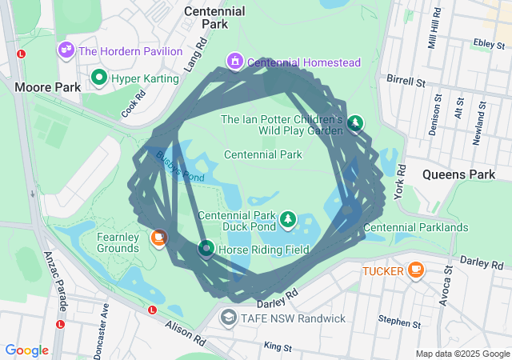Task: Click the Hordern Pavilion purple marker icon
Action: [x=66, y=50]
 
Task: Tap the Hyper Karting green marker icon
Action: [x=99, y=78]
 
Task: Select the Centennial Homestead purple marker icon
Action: [x=235, y=62]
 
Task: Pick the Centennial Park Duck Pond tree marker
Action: [x=287, y=218]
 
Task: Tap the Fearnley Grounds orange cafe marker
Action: [x=158, y=238]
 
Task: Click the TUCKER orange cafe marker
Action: [x=415, y=270]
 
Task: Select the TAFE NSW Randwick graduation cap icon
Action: [x=230, y=318]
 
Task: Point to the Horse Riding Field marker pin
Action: [x=205, y=250]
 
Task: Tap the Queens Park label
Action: [x=448, y=174]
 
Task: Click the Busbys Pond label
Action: [x=180, y=167]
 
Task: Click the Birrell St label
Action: [x=405, y=81]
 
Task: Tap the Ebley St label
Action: [x=486, y=43]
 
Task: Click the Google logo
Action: [x=26, y=350]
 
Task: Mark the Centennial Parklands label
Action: [x=415, y=228]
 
